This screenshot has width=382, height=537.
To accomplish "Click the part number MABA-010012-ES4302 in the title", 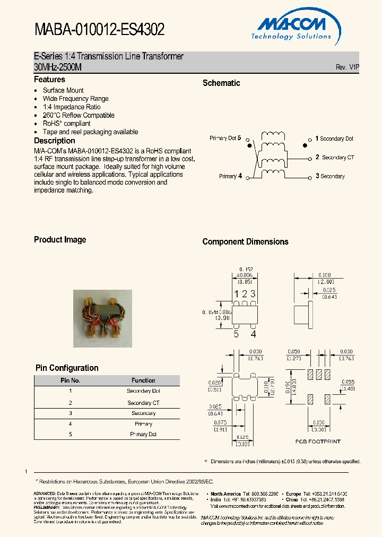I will tap(99, 30).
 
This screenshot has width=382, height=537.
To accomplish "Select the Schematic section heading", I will tap(221, 83).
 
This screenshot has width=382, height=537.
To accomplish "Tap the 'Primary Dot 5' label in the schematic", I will tap(225, 138).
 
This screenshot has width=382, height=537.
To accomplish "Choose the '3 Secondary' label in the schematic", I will tap(330, 176).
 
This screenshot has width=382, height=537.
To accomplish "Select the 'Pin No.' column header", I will tap(70, 380).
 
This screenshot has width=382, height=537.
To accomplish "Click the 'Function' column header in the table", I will tap(143, 380).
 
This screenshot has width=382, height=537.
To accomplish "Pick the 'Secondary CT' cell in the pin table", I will tap(143, 403).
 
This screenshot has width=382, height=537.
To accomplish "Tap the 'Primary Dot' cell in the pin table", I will tap(143, 434).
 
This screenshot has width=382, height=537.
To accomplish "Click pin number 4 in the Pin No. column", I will tap(70, 424).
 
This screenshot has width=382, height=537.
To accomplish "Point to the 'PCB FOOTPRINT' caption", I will tap(318, 441).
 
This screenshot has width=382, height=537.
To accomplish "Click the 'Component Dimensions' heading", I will tap(245, 242).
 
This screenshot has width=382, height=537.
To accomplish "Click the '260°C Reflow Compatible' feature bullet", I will tap(79, 115).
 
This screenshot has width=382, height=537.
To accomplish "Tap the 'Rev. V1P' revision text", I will tap(348, 67).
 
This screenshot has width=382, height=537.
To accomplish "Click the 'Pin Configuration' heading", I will tap(67, 368).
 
